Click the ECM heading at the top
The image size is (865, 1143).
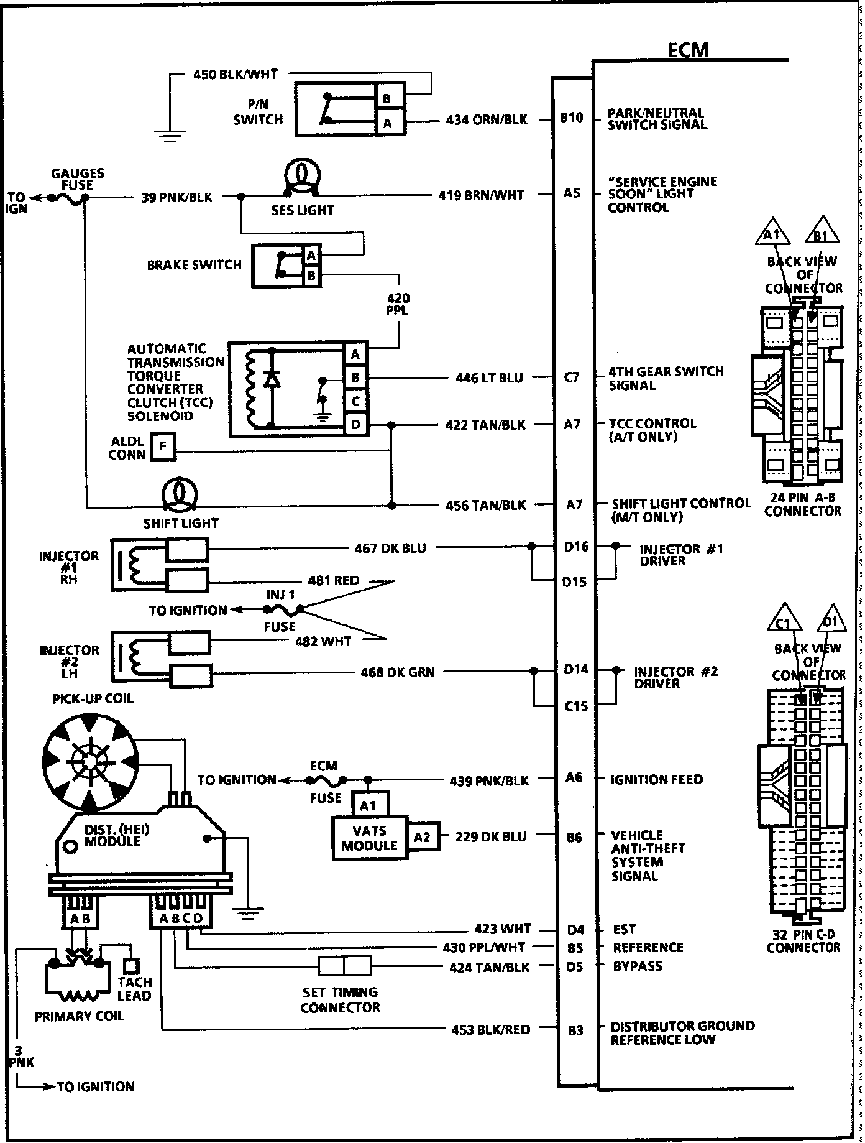(x=687, y=50)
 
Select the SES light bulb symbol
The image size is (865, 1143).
(x=301, y=177)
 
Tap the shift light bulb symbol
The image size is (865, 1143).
(x=180, y=494)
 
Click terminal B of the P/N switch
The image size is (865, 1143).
(x=387, y=99)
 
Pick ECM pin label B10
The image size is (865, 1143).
(x=572, y=118)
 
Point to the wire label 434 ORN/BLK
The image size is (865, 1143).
(x=487, y=119)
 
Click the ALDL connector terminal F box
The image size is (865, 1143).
(x=163, y=447)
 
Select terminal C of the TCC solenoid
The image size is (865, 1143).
(x=355, y=401)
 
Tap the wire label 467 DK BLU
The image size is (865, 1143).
(x=390, y=548)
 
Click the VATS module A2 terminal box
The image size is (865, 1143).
(x=423, y=837)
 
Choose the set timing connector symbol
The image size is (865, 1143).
(x=345, y=966)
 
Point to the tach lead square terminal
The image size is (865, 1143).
(x=131, y=966)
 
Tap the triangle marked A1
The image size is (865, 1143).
(x=771, y=234)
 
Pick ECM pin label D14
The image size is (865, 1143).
(x=575, y=670)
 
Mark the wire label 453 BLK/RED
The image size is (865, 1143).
(x=490, y=1030)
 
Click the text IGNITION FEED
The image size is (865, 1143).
(x=656, y=779)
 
